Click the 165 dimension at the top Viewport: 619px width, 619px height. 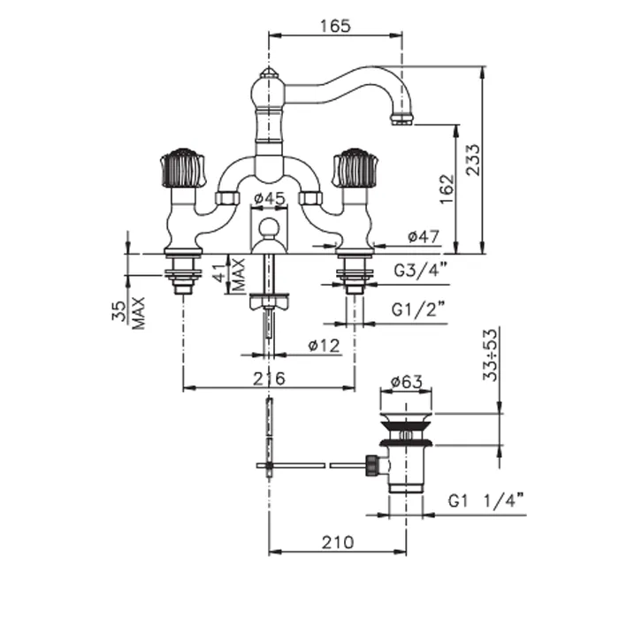click(335, 26)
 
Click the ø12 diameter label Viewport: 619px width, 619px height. click(324, 347)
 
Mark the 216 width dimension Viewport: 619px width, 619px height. click(268, 378)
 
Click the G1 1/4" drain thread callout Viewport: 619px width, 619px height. click(485, 501)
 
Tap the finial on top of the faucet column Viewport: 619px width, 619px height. click(268, 73)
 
